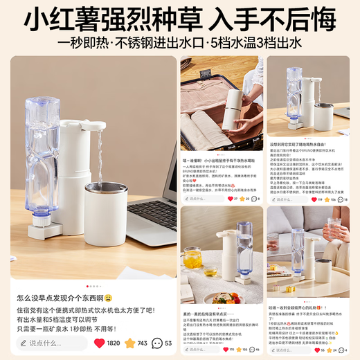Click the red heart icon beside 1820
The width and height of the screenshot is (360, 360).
click(98, 343)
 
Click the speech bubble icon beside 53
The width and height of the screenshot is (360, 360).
click(158, 343)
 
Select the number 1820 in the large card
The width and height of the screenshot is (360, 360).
click(112, 343)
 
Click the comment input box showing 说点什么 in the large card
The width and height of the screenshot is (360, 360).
click(52, 343)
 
